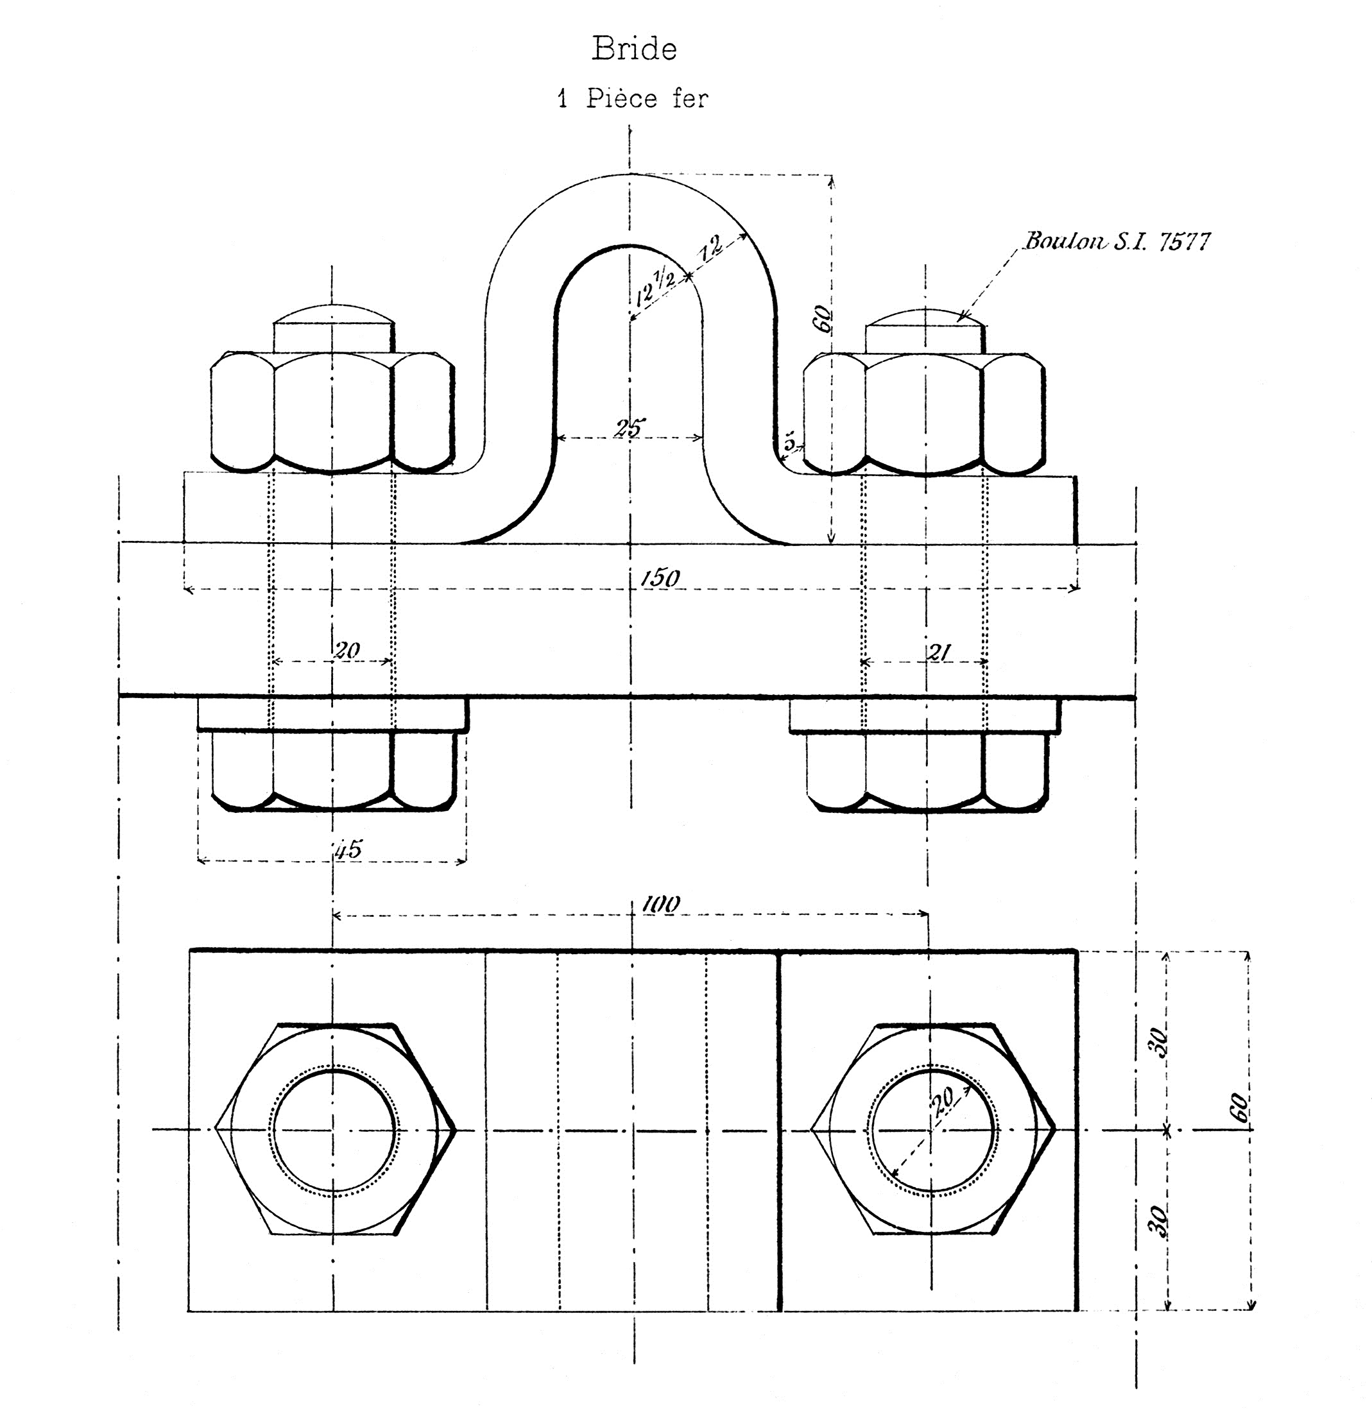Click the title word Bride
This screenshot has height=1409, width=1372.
point(634,49)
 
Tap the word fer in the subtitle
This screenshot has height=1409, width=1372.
point(690,98)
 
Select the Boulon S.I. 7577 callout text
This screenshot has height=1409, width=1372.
point(1117,241)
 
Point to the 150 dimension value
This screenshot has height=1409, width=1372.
point(659,577)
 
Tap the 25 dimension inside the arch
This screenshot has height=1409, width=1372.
point(629,428)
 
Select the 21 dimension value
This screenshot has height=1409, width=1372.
point(938,653)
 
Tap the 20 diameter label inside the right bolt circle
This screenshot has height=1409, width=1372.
point(942,1099)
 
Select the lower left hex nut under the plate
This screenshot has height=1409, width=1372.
point(334,771)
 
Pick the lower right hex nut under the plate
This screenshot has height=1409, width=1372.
point(927,771)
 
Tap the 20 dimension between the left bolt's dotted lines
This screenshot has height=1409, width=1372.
point(347,651)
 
